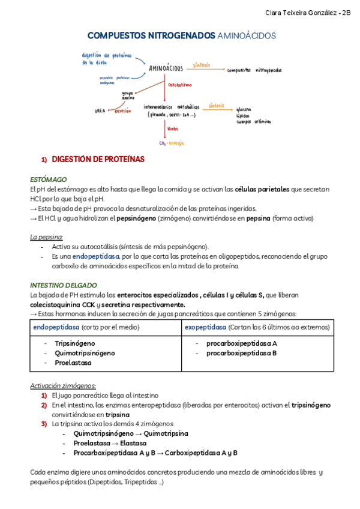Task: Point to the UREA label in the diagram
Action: [x=100, y=111]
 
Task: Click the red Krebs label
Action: [x=173, y=129]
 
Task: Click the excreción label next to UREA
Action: [x=123, y=111]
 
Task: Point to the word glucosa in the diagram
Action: [x=244, y=109]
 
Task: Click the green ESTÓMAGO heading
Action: [x=48, y=179]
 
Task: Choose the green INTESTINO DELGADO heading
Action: [x=63, y=285]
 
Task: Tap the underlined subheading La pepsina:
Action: [x=46, y=237]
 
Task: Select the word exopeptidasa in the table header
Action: [x=206, y=327]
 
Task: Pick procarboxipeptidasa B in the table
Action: [x=241, y=353]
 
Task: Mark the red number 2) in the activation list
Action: [x=44, y=405]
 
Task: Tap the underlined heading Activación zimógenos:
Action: [x=63, y=385]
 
